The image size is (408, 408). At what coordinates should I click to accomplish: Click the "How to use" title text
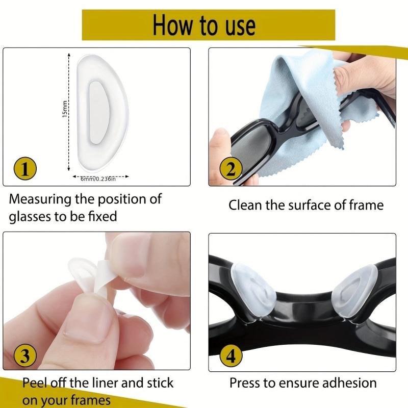(204, 24)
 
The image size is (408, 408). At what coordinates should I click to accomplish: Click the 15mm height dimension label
(65, 109)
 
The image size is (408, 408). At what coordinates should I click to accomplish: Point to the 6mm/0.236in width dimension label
(98, 178)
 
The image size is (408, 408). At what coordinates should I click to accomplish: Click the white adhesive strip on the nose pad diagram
(95, 111)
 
